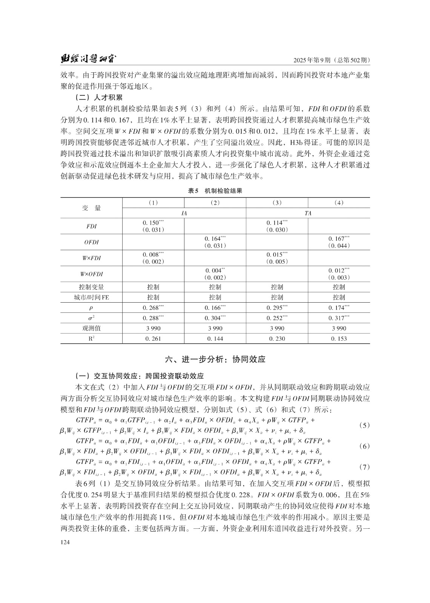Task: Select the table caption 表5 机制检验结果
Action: (215, 191)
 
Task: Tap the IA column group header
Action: (184, 213)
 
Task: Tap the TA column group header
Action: (308, 213)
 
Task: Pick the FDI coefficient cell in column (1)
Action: (153, 226)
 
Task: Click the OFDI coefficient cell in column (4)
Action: (339, 242)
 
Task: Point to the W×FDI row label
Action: (91, 258)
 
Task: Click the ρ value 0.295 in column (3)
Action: (277, 308)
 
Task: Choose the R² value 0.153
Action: (339, 339)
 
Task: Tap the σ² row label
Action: (91, 318)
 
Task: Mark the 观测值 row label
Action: (91, 328)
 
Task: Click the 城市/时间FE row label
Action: (91, 297)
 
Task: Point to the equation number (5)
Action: (364, 425)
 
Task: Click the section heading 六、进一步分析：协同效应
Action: (215, 359)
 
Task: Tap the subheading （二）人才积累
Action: (99, 98)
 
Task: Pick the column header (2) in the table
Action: (215, 203)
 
